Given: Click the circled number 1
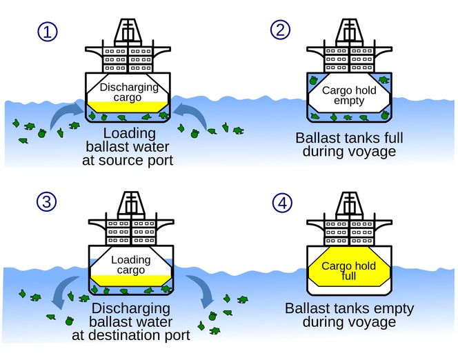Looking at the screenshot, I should [x=46, y=31].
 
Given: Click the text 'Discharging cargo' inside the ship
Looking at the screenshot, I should [x=129, y=92].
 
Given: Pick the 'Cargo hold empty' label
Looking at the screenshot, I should [x=348, y=94].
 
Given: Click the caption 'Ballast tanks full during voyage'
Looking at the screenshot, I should [x=348, y=144].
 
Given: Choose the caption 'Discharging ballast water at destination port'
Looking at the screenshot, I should [x=130, y=321].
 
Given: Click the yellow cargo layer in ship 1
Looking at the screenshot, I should [x=129, y=108].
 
